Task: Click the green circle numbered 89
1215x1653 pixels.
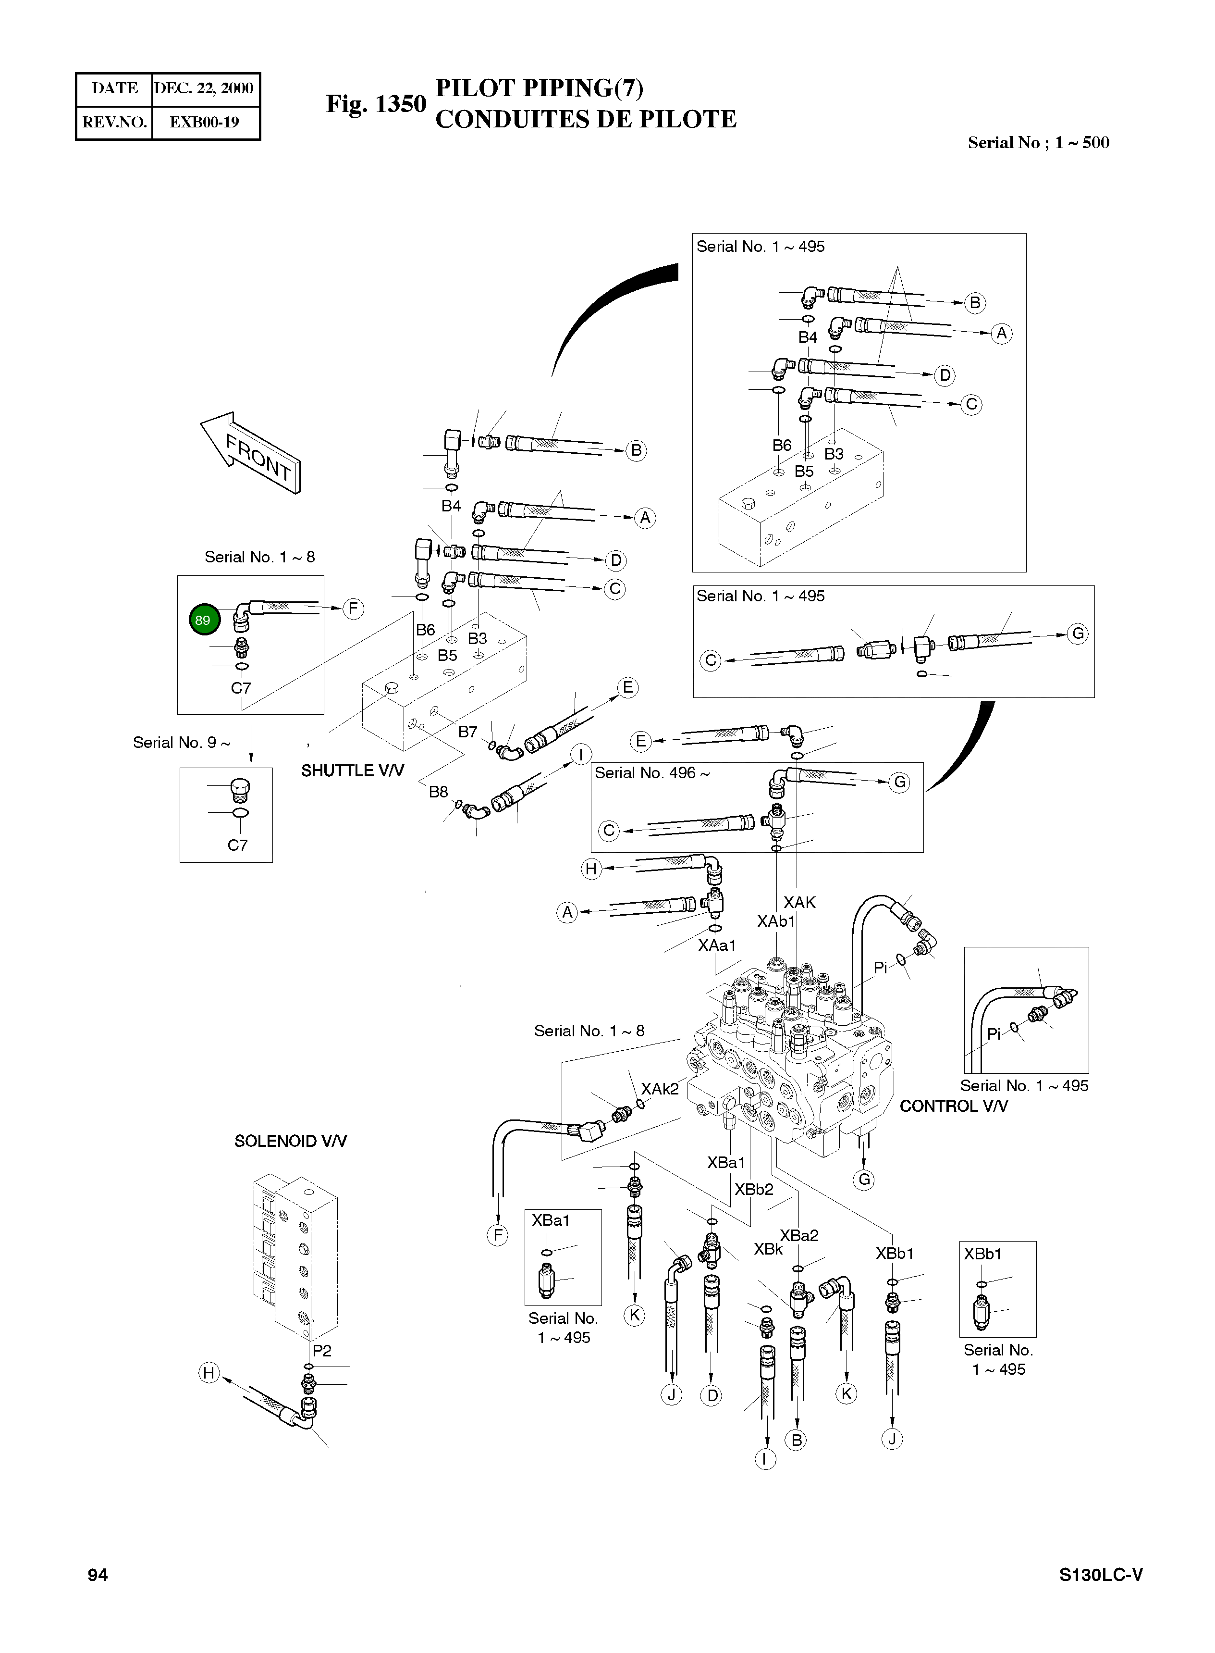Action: pyautogui.click(x=202, y=620)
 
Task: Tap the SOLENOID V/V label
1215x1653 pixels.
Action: pyautogui.click(x=291, y=1141)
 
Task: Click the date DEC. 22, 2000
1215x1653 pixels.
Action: pyautogui.click(x=204, y=89)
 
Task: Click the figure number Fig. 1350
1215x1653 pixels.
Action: pyautogui.click(x=376, y=104)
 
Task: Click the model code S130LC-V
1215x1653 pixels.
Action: pyautogui.click(x=1100, y=1575)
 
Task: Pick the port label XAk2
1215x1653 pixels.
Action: pyautogui.click(x=660, y=1089)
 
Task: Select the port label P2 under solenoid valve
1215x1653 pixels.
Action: pyautogui.click(x=322, y=1351)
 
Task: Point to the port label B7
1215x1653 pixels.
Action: pyautogui.click(x=468, y=732)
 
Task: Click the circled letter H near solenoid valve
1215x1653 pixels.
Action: pyautogui.click(x=209, y=1373)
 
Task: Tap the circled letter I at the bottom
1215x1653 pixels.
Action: pyautogui.click(x=765, y=1459)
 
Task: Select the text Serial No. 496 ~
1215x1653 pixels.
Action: pyautogui.click(x=651, y=773)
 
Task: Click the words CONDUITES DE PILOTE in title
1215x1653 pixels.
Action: pyautogui.click(x=586, y=119)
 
